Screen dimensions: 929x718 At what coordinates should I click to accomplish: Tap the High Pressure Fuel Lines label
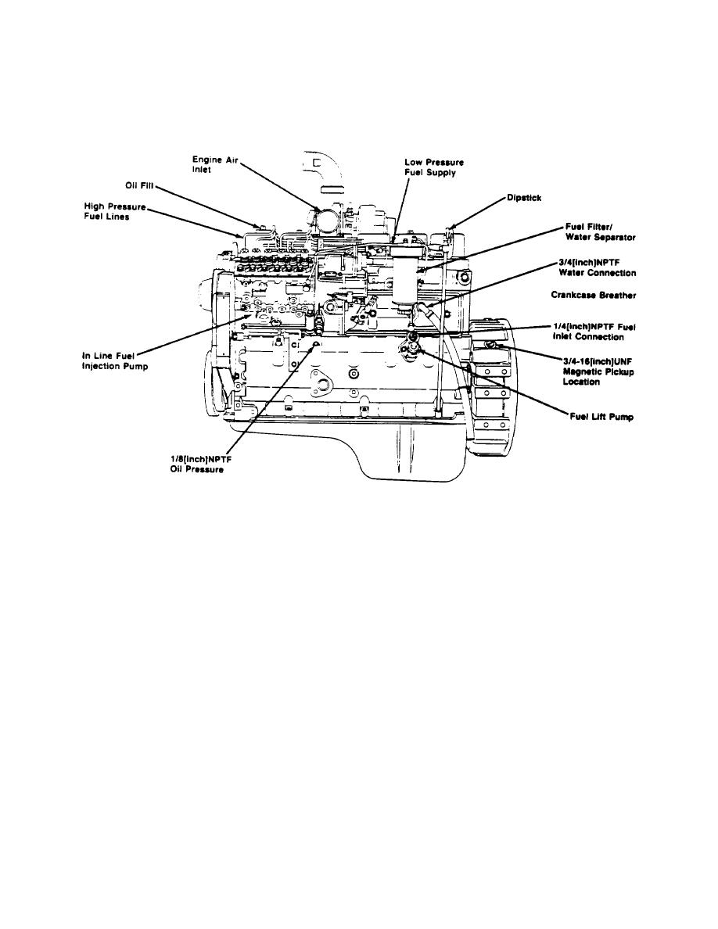coord(115,211)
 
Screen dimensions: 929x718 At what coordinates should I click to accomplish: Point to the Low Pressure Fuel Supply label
coord(429,167)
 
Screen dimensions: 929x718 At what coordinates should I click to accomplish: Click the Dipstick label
coord(524,198)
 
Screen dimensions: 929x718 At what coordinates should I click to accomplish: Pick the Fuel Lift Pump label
coord(601,417)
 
